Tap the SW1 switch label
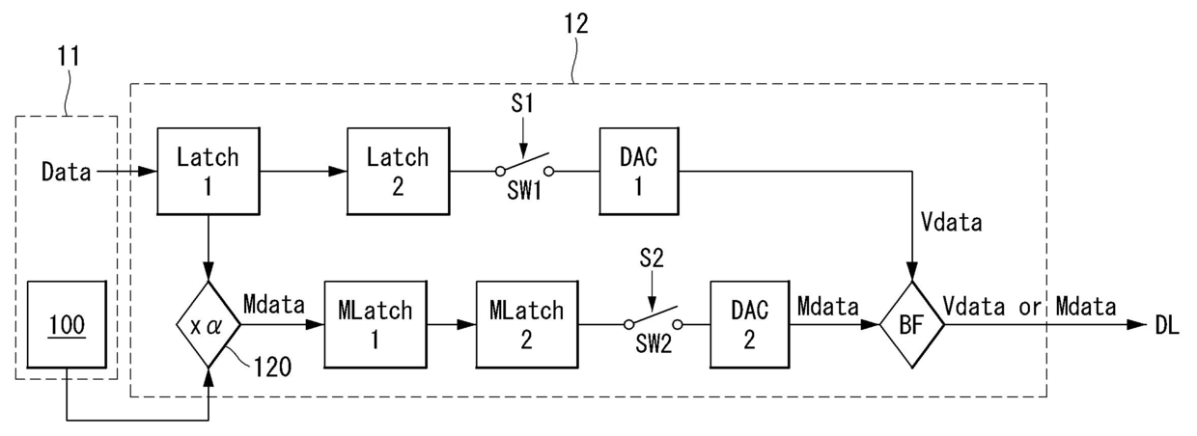[524, 191]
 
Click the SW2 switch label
[654, 344]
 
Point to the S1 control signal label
[522, 103]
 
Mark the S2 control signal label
[652, 259]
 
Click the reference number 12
[576, 24]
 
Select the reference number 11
[69, 56]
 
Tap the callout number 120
[272, 368]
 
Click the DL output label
[1167, 324]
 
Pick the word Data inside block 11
[67, 172]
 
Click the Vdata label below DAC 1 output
[952, 222]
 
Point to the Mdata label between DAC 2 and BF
[827, 307]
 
